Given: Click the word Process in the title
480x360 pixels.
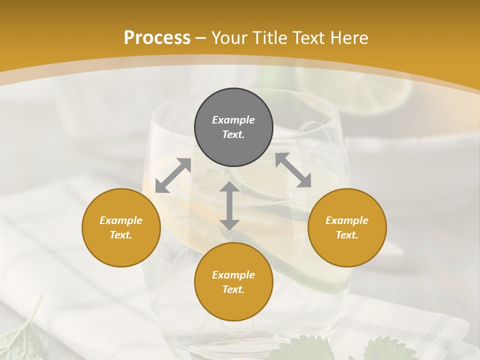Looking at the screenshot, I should (157, 38).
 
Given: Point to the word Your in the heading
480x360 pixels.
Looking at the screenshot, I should (230, 38).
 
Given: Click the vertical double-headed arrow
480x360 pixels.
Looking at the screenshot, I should (229, 205).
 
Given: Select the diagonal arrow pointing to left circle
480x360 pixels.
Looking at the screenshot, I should (173, 175).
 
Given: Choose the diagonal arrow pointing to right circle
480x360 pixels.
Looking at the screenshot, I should (293, 170).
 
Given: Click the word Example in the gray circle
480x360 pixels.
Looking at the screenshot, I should (233, 120).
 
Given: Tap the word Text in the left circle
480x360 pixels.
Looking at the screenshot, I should (121, 235).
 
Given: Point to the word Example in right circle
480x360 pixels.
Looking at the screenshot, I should (347, 220).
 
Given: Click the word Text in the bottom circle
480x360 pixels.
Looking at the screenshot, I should (233, 289).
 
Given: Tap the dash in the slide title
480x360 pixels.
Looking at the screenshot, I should (200, 38).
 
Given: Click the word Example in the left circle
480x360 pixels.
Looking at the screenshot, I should (121, 220).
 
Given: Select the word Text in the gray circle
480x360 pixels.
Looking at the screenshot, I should (233, 134).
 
